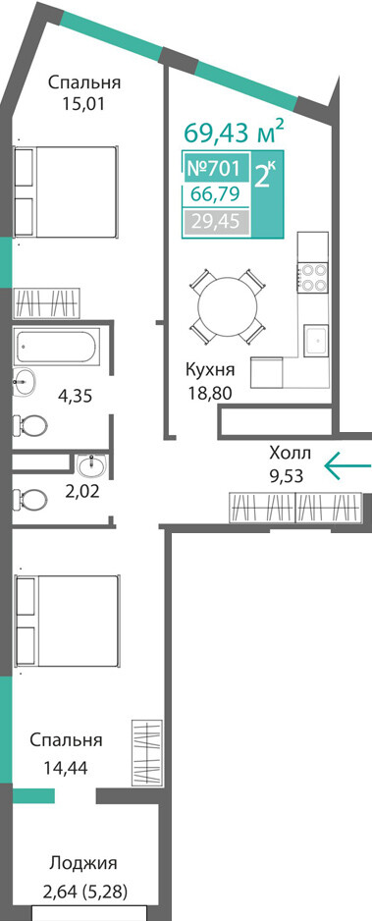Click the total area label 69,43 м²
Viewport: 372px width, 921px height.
(x=235, y=132)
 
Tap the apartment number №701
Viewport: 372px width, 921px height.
(x=213, y=169)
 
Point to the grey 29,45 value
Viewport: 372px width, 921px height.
(x=214, y=223)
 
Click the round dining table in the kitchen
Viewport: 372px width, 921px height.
(x=228, y=306)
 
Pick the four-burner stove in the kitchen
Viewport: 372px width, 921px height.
(x=313, y=278)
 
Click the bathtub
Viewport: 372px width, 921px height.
(x=56, y=347)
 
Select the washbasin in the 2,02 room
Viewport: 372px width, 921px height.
(x=91, y=466)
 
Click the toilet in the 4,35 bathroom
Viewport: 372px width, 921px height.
(x=31, y=423)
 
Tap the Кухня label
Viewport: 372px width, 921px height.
(x=210, y=370)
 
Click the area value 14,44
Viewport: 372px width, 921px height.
(x=65, y=767)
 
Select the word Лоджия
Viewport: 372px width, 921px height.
(x=83, y=863)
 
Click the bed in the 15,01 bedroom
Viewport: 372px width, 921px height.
(x=65, y=191)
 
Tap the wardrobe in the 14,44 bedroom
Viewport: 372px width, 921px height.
(x=145, y=752)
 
